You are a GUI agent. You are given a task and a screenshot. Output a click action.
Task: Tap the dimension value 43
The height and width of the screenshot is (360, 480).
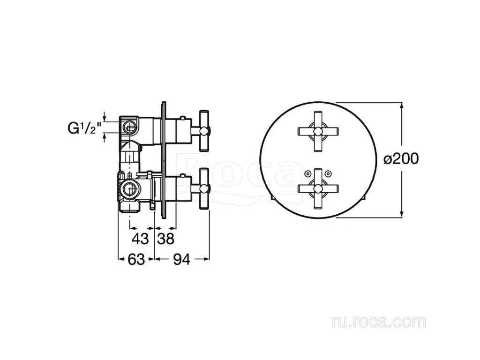(x=140, y=239)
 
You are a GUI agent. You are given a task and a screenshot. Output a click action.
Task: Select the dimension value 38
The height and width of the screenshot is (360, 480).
(x=165, y=239)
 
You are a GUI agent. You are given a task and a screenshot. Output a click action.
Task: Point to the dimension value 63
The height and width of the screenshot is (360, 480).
(x=136, y=260)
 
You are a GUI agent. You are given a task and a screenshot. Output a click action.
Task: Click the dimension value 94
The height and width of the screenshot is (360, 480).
(x=181, y=260)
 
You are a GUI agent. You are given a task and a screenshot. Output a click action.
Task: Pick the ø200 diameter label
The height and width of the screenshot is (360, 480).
(x=401, y=159)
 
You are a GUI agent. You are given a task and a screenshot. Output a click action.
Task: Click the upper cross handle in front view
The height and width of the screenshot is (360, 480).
(x=318, y=131)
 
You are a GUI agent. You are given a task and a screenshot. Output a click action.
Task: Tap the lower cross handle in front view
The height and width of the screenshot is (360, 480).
(x=318, y=189)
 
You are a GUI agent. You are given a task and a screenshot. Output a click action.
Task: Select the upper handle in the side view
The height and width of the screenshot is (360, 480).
(x=204, y=131)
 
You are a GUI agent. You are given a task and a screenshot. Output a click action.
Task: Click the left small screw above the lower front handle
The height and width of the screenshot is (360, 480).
(x=307, y=174)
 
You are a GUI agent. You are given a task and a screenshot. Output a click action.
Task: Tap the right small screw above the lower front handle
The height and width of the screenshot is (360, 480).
(x=329, y=174)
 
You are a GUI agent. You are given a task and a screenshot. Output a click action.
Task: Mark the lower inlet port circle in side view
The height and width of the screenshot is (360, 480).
(x=129, y=187)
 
